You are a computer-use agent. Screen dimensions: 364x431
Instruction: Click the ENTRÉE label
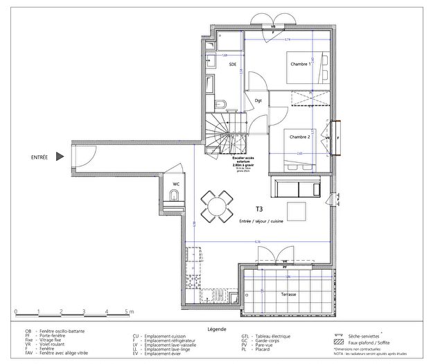(x=39, y=157)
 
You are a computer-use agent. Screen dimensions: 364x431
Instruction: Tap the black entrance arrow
(x=61, y=157)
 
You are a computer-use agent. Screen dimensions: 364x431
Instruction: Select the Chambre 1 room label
(x=300, y=64)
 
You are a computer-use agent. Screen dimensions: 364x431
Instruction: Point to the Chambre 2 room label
(x=299, y=137)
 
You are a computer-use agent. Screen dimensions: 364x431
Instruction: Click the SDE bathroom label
(x=233, y=64)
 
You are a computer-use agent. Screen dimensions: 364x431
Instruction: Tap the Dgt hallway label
(x=258, y=101)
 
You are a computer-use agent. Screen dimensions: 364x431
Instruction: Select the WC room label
(x=176, y=184)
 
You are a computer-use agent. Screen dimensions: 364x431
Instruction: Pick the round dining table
(x=216, y=207)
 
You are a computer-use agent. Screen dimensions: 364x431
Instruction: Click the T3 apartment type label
(x=259, y=208)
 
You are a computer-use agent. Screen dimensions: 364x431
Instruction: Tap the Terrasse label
(x=288, y=295)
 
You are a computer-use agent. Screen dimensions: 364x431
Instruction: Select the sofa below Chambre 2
(x=299, y=188)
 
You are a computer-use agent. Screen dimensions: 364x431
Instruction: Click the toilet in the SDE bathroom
(x=220, y=105)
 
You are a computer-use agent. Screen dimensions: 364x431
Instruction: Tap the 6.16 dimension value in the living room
(x=257, y=241)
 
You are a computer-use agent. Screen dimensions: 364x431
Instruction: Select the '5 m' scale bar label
(x=128, y=312)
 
